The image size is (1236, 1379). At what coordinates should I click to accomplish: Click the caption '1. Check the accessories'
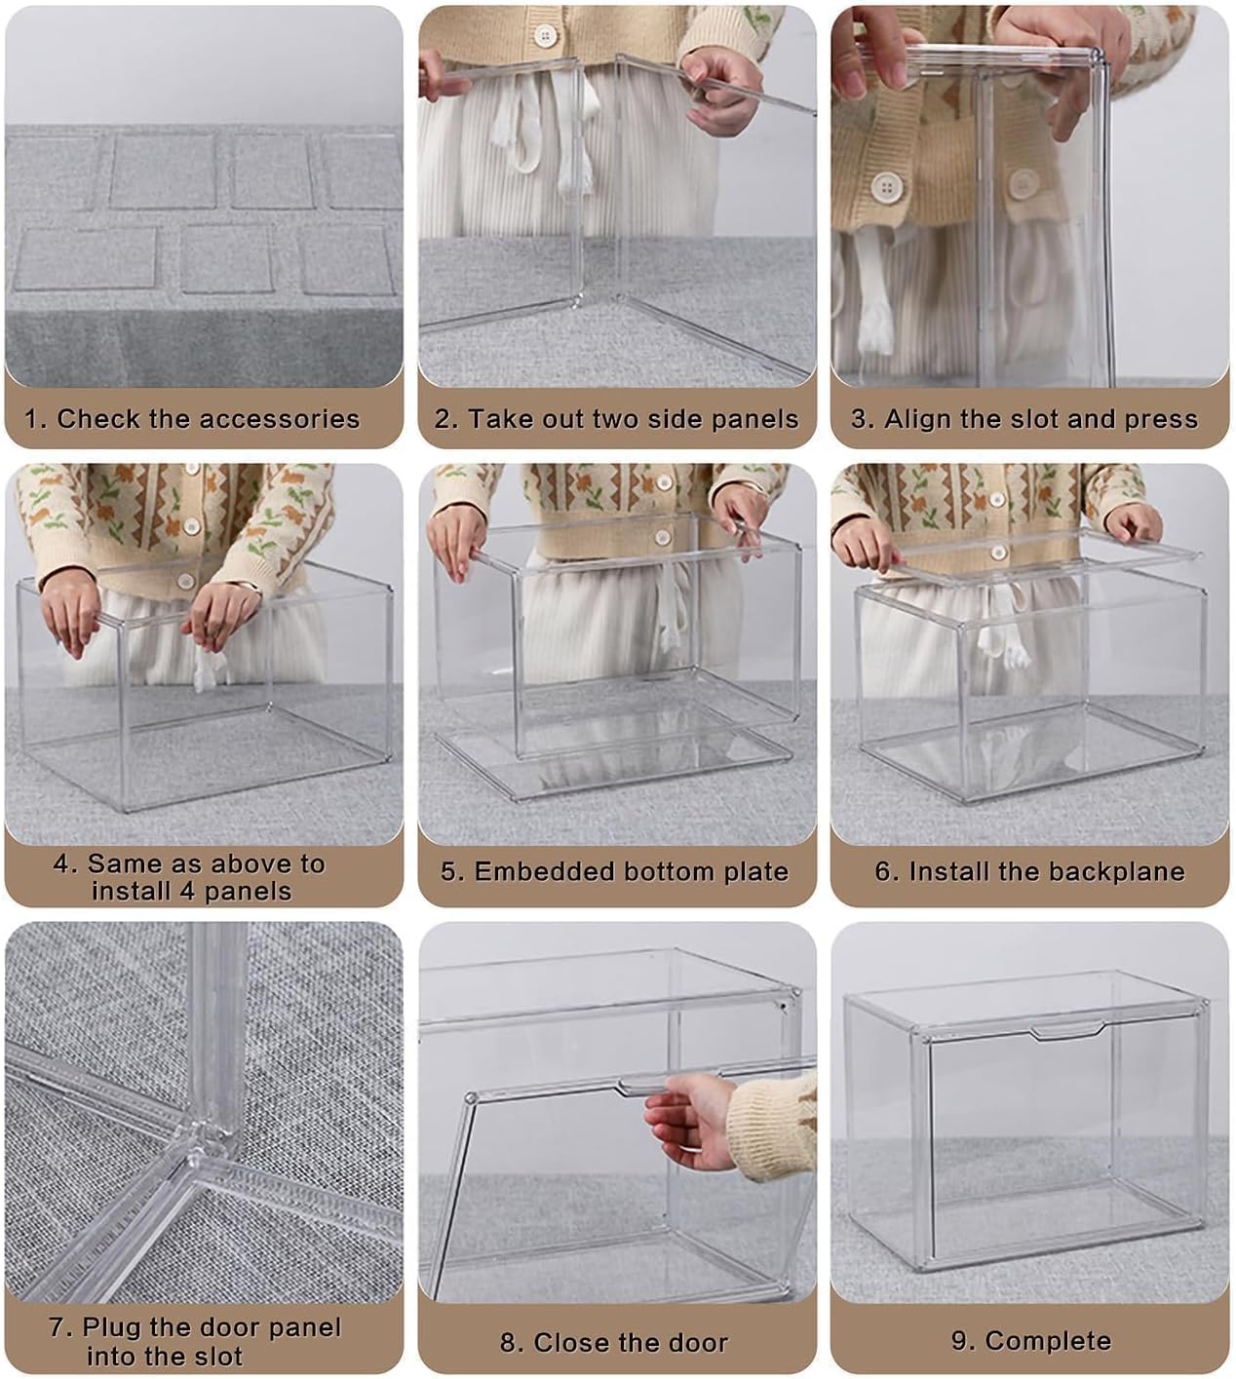tap(192, 419)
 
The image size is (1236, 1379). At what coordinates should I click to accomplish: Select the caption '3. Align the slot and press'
tap(1024, 419)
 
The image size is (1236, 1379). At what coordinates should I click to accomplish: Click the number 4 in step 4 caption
tap(64, 864)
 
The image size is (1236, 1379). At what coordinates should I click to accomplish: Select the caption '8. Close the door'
tap(614, 1342)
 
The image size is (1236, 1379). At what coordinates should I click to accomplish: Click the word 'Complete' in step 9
tap(1048, 1340)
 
